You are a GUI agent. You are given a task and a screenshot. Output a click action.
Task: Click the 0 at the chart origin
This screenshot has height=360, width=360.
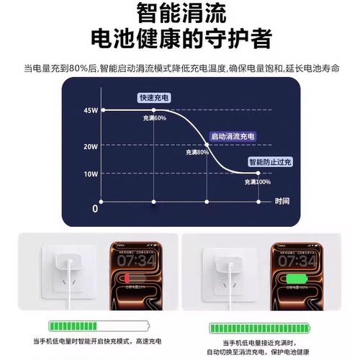[94, 208]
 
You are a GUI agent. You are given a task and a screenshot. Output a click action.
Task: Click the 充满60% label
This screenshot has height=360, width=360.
[155, 117]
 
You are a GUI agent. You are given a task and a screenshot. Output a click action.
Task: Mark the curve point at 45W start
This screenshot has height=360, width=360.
[104, 109]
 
